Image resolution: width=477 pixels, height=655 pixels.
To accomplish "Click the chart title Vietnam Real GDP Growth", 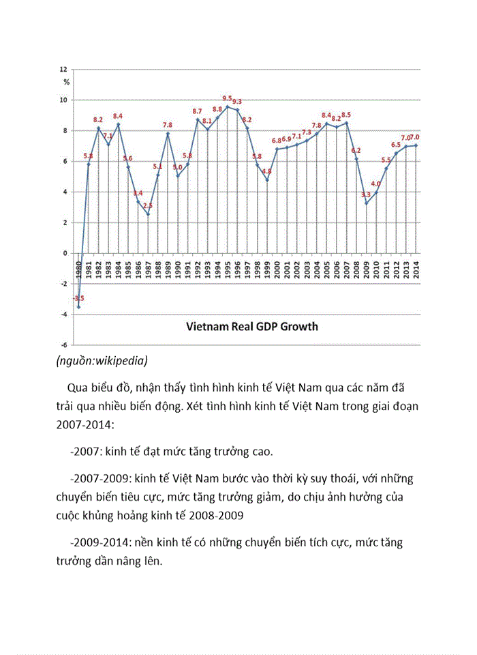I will pyautogui.click(x=252, y=326).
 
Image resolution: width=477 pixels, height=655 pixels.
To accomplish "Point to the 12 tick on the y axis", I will pyautogui.click(x=63, y=69).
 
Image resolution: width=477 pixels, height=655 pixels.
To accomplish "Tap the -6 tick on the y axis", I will pyautogui.click(x=63, y=345).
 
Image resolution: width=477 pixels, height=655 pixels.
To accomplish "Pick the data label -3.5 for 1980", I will pyautogui.click(x=79, y=298).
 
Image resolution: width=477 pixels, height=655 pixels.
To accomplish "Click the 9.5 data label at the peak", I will pyautogui.click(x=227, y=98).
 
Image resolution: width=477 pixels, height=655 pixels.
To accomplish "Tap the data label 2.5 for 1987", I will pyautogui.click(x=148, y=205).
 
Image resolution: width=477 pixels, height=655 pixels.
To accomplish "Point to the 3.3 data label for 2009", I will pyautogui.click(x=366, y=194).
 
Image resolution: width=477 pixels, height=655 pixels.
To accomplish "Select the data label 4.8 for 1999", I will pyautogui.click(x=266, y=171).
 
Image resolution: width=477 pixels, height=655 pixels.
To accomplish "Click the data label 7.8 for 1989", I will pyautogui.click(x=168, y=125).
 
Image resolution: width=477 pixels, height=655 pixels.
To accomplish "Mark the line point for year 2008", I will pyautogui.click(x=356, y=158).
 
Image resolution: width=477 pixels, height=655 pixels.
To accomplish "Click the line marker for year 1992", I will pyautogui.click(x=198, y=119).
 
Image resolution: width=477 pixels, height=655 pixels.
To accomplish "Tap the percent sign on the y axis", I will pyautogui.click(x=66, y=82).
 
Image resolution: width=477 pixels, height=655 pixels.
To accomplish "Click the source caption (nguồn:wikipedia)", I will pyautogui.click(x=102, y=360).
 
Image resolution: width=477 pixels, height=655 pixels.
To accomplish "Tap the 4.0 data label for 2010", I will pyautogui.click(x=375, y=184).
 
